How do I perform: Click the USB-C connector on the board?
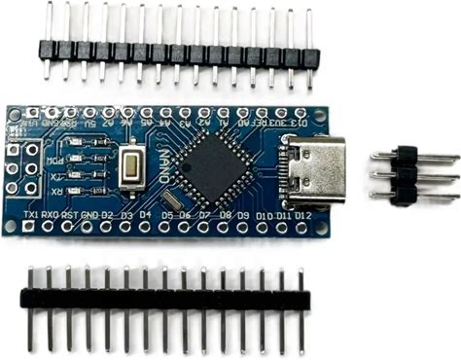point(314,169)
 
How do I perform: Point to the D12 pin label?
point(303,214)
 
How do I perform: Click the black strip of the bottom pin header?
point(161,293)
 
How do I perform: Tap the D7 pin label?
point(203,214)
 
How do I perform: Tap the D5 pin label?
point(167,214)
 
